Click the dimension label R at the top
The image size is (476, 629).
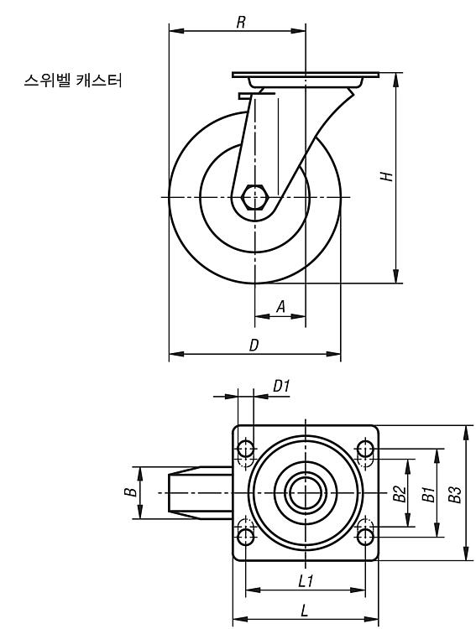point(241,22)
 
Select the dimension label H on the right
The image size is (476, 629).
point(386,176)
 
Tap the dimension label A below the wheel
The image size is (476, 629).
point(281,306)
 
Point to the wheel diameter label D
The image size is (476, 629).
point(254,345)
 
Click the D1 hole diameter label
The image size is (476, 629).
point(281,386)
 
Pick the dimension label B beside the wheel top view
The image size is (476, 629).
point(130,491)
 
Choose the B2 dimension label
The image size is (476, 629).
point(400,493)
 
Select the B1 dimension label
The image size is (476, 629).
point(428,493)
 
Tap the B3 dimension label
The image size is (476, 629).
point(455,494)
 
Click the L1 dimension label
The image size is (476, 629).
point(306,581)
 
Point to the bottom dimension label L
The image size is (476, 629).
point(305,611)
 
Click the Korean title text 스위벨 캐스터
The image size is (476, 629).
point(73,81)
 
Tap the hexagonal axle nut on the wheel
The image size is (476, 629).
point(254,197)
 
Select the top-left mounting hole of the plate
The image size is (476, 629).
point(245,448)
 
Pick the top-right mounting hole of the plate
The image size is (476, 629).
point(365,448)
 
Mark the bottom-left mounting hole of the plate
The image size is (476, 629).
point(245,537)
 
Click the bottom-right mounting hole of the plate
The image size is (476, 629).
point(365,537)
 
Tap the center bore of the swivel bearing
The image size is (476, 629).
point(306,492)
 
